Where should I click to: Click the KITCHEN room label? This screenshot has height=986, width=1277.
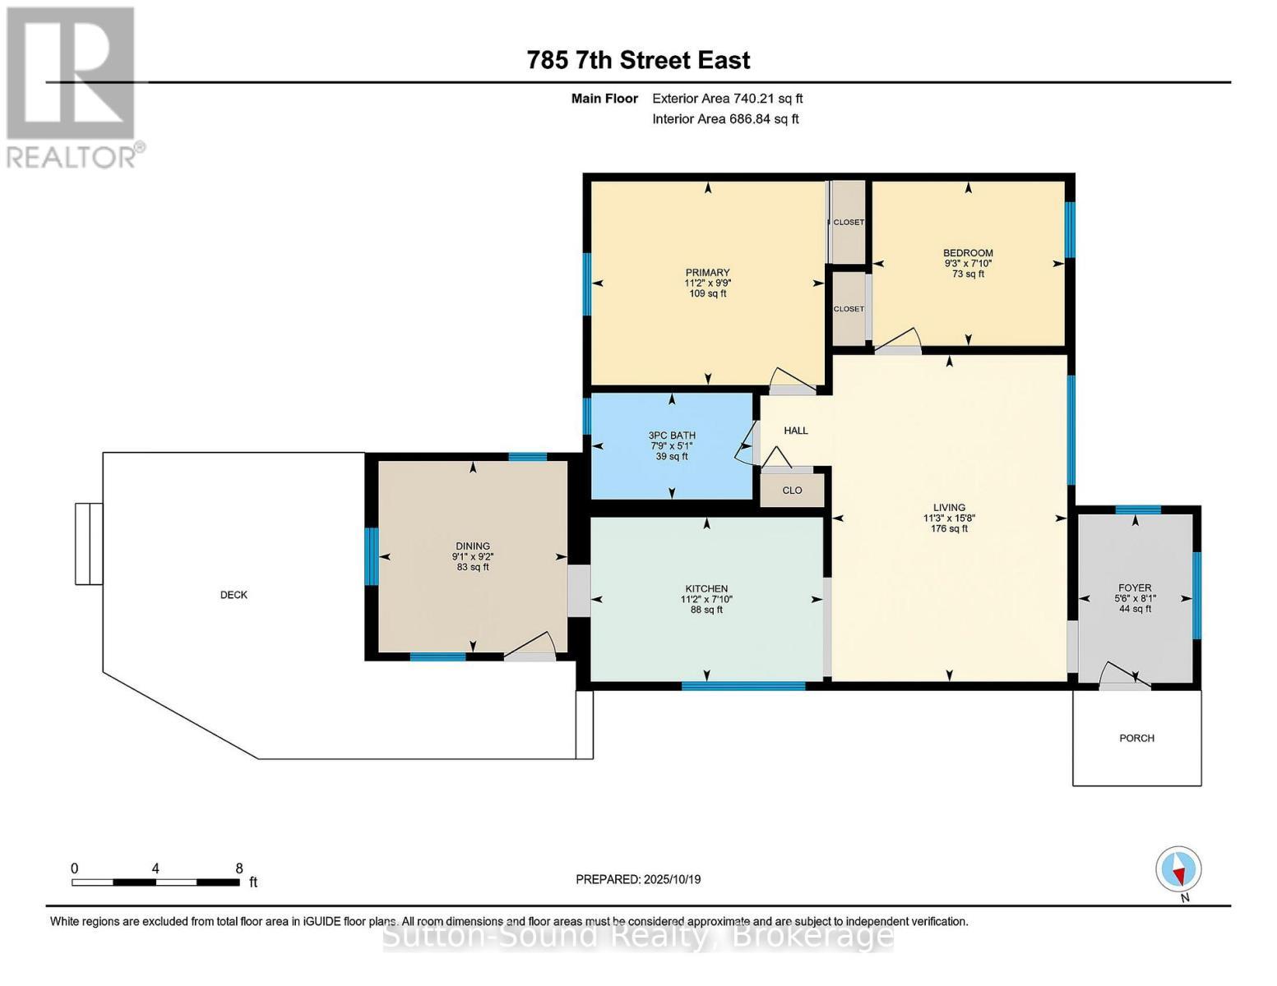pyautogui.click(x=706, y=588)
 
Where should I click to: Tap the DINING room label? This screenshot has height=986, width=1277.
pyautogui.click(x=473, y=546)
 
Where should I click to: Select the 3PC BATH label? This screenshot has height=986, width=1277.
pyautogui.click(x=672, y=435)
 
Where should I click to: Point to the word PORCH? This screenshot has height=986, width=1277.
pyautogui.click(x=1136, y=738)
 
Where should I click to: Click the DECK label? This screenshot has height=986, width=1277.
pyautogui.click(x=234, y=595)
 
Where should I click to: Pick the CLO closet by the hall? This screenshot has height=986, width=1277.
pyautogui.click(x=792, y=491)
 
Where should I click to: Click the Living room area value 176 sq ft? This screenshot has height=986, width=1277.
pyautogui.click(x=949, y=528)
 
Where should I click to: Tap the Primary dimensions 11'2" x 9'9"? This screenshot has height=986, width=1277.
pyautogui.click(x=707, y=283)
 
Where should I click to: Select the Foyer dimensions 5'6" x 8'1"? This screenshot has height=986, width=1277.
pyautogui.click(x=1135, y=598)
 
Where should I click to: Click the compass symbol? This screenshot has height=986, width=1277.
pyautogui.click(x=1178, y=869)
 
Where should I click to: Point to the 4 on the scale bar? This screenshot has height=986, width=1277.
pyautogui.click(x=155, y=869)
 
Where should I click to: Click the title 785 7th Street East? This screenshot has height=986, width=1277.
pyautogui.click(x=638, y=61)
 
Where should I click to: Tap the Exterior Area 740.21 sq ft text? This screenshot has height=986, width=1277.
pyautogui.click(x=727, y=99)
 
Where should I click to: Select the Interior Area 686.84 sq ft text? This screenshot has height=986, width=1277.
pyautogui.click(x=725, y=119)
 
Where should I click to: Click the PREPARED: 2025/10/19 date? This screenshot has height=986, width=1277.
pyautogui.click(x=638, y=880)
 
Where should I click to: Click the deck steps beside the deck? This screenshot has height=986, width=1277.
pyautogui.click(x=89, y=544)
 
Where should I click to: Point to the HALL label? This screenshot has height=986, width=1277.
pyautogui.click(x=796, y=431)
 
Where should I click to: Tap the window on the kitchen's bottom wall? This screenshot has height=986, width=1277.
pyautogui.click(x=743, y=685)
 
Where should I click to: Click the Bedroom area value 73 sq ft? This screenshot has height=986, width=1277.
pyautogui.click(x=968, y=274)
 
